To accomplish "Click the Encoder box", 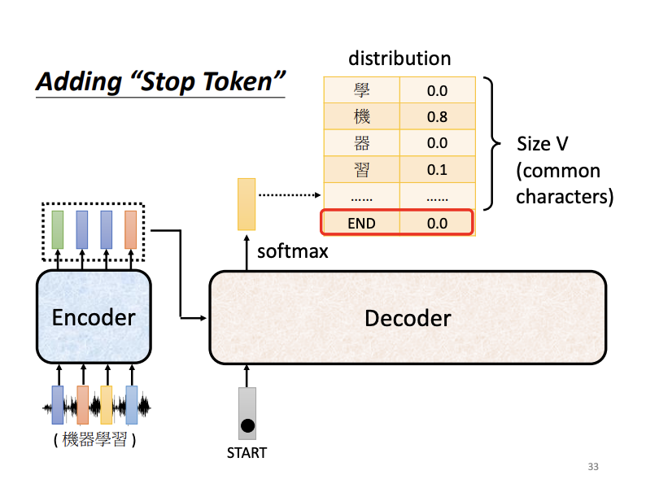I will pos(94,317).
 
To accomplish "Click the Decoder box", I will pos(408,317).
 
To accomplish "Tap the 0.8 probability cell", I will pos(437,116).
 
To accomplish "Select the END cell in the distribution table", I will pos(361,223).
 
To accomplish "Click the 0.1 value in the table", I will pos(437,170).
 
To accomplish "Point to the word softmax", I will pos(293,251).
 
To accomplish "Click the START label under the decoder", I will pos(247,453).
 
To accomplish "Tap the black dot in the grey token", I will pos(247,425).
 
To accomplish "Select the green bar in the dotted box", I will pos(58,229).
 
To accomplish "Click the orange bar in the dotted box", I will pos(130,229).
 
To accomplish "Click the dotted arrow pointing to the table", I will pos(289,195).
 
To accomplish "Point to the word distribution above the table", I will pos(399,59).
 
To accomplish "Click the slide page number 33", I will pos(592,467).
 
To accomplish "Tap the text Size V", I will pos(543,144).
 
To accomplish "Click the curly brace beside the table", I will pos(491,143).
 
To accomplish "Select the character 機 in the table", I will pos(361,116).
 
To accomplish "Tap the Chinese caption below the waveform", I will pos(94,442).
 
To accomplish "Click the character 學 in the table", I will pos(361,90).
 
